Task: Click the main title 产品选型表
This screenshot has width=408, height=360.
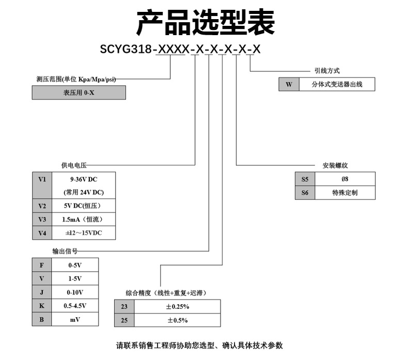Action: tap(205, 22)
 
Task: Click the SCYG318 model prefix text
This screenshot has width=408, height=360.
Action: tap(126, 50)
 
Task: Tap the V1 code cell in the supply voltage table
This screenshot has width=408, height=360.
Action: tap(42, 180)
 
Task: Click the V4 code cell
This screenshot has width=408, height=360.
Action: tap(42, 233)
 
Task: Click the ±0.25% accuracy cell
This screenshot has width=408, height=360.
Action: tap(177, 306)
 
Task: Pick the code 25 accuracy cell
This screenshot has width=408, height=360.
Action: tap(124, 320)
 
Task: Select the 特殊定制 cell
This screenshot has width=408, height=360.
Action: tap(345, 193)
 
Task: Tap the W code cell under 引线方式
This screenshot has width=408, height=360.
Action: tap(289, 84)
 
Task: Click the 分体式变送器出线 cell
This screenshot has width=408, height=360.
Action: tap(337, 84)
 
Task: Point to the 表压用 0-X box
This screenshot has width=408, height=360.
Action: tap(79, 92)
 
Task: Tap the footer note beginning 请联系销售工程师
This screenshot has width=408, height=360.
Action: tap(199, 346)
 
